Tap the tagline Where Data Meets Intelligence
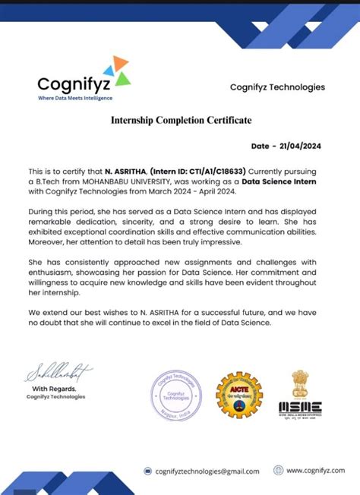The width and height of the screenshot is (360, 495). pyautogui.click(x=75, y=98)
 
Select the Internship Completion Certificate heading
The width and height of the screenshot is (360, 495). pyautogui.click(x=181, y=120)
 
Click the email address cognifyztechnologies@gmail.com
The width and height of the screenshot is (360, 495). pyautogui.click(x=207, y=471)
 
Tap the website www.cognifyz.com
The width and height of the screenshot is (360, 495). pyautogui.click(x=317, y=471)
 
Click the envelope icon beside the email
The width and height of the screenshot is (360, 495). pyautogui.click(x=148, y=471)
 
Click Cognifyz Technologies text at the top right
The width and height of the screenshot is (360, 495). pyautogui.click(x=277, y=87)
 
